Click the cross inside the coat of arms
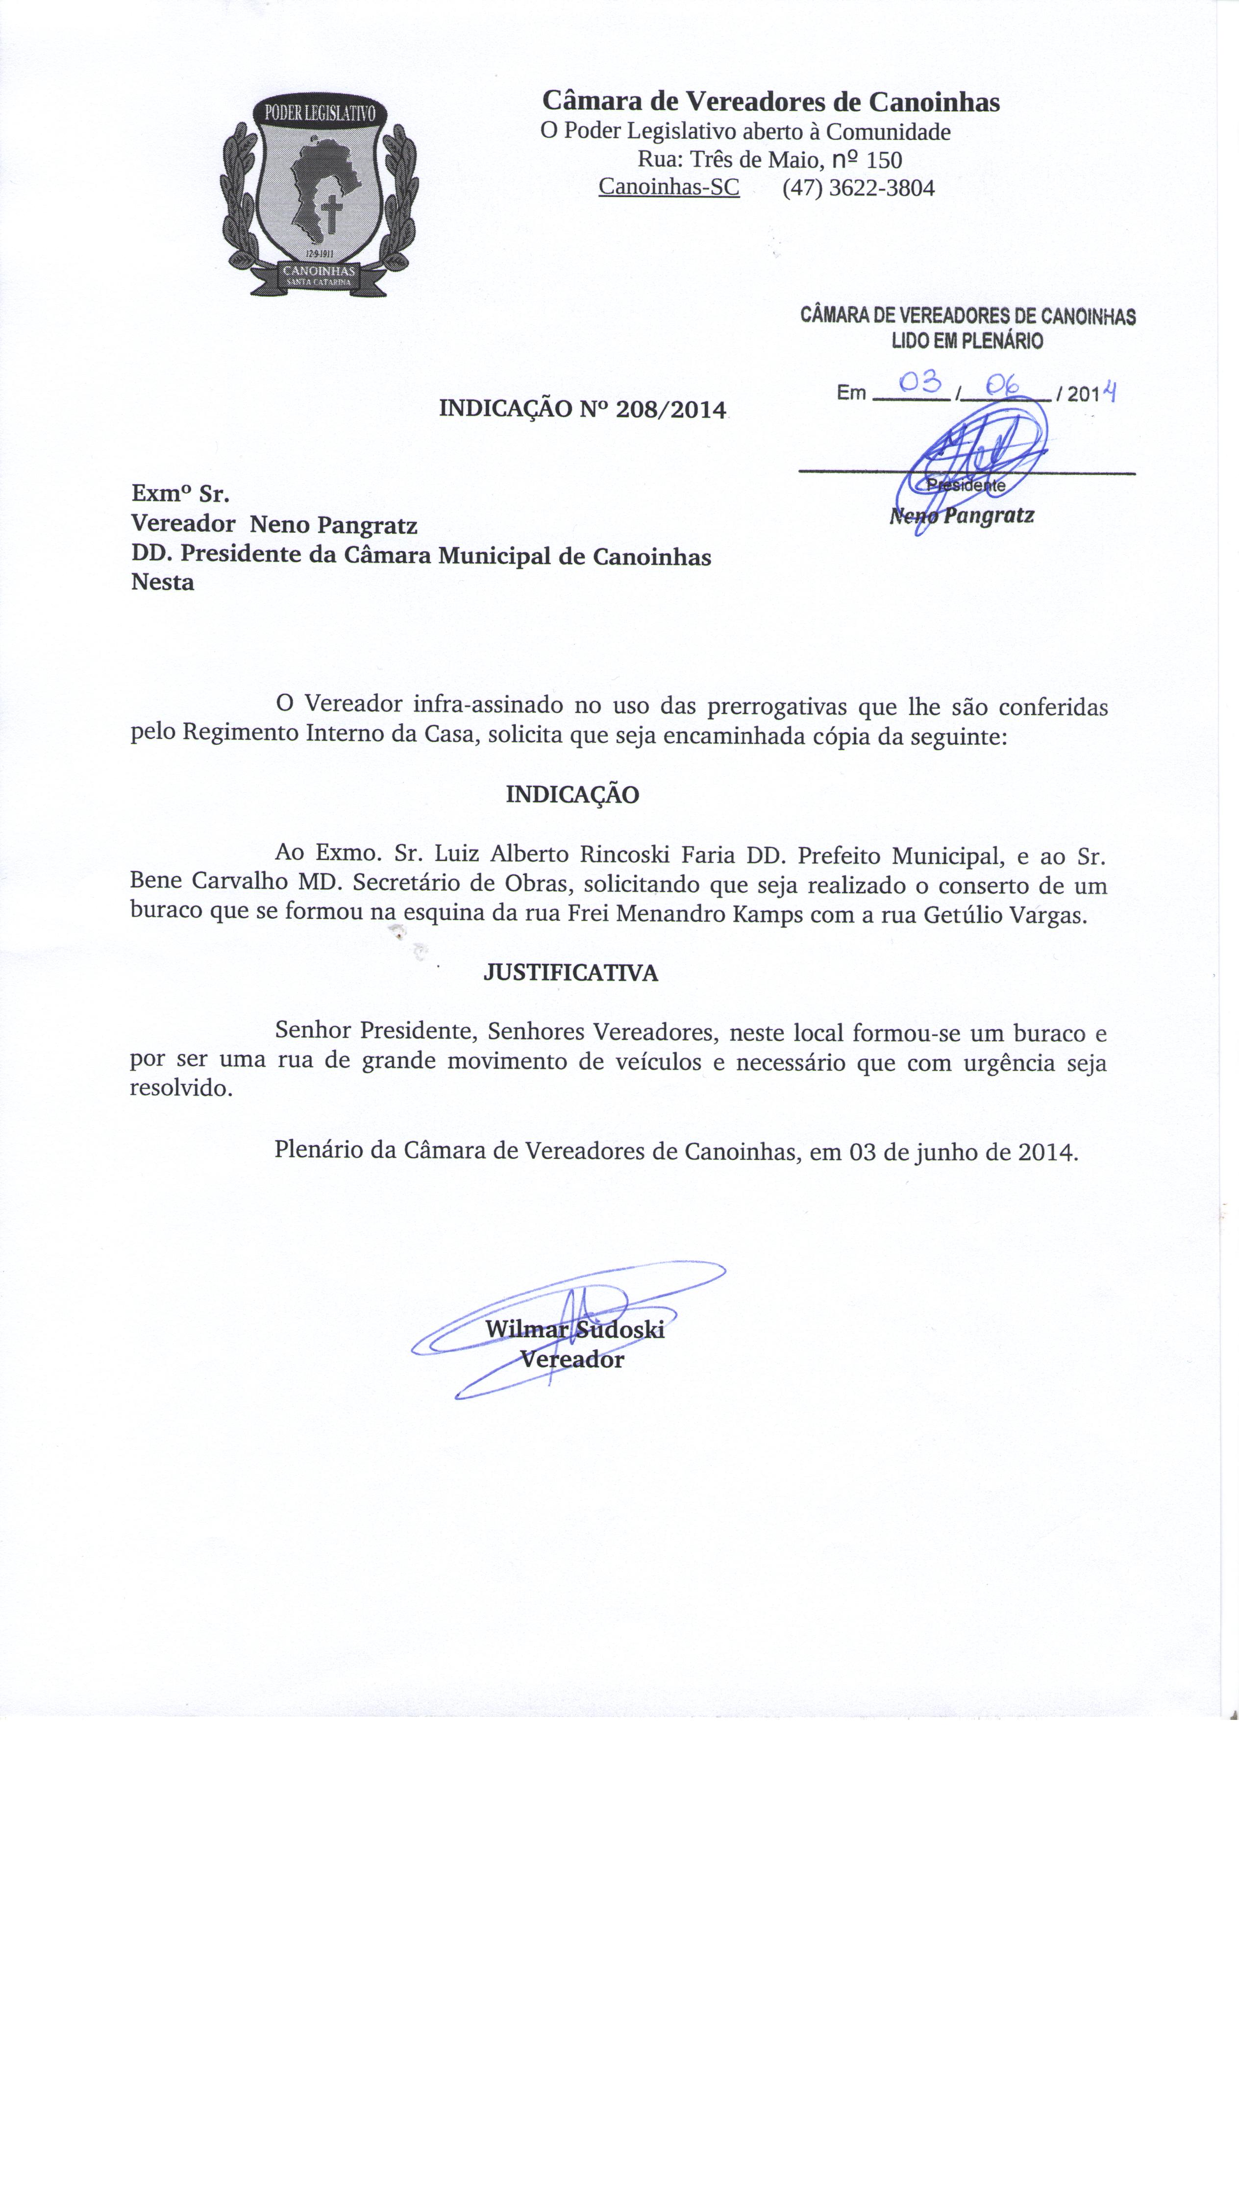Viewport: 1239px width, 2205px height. tap(331, 214)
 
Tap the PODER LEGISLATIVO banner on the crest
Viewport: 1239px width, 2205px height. tap(320, 114)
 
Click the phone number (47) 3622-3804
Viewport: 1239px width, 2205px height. tap(858, 188)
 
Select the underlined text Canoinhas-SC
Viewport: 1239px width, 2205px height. tap(669, 187)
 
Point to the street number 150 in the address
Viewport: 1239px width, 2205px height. tap(884, 160)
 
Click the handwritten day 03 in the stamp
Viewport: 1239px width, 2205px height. tap(919, 383)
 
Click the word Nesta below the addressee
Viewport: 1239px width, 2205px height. tap(163, 583)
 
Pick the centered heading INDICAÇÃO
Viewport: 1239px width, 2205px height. tap(572, 795)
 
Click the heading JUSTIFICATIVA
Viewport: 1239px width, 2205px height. tap(570, 973)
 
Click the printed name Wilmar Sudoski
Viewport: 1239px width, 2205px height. tap(574, 1329)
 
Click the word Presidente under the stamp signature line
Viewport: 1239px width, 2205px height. tap(966, 485)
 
